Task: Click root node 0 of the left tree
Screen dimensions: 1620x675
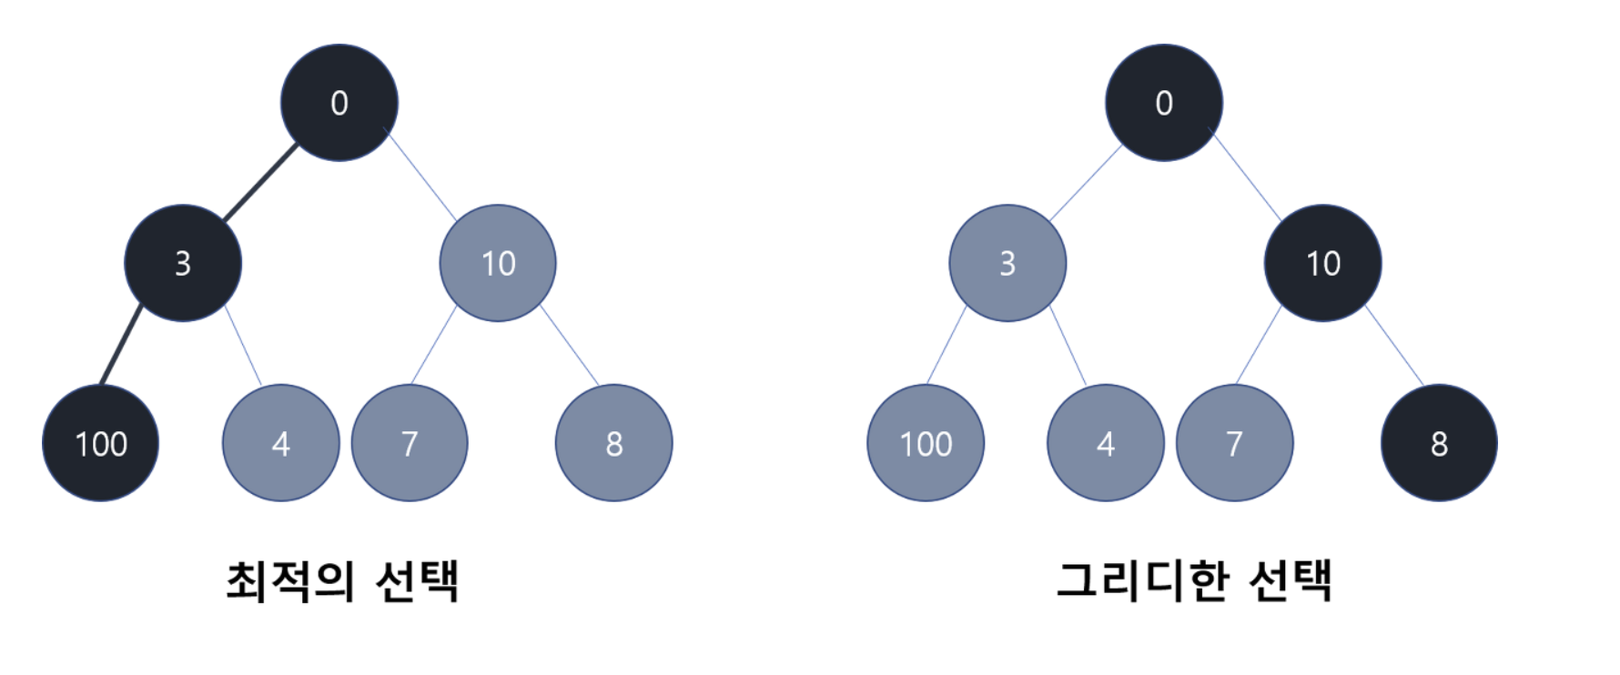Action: [x=339, y=103]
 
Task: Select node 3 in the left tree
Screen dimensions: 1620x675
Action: [x=183, y=263]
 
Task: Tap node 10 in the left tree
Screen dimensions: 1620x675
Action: [x=498, y=263]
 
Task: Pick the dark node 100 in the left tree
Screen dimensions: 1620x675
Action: [x=100, y=443]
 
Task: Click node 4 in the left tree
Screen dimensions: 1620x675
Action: [x=280, y=443]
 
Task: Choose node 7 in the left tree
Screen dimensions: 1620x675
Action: [x=410, y=443]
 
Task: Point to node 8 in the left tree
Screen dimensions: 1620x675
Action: [x=614, y=443]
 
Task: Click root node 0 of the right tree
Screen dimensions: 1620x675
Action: [x=1164, y=103]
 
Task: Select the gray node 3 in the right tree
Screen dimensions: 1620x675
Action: [x=1007, y=263]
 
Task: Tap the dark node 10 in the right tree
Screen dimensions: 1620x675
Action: [x=1322, y=263]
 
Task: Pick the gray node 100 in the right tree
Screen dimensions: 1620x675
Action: [x=926, y=443]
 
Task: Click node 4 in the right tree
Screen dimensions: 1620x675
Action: [x=1106, y=443]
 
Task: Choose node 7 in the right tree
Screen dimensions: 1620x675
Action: [x=1234, y=443]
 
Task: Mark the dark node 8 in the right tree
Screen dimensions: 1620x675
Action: [x=1439, y=443]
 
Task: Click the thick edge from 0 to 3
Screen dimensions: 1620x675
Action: [x=260, y=183]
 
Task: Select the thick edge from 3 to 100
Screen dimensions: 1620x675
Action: [x=121, y=346]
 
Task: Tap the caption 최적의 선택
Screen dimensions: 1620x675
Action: [x=342, y=580]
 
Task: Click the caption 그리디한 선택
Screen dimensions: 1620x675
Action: [x=1194, y=580]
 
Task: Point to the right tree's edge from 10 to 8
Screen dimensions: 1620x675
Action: [x=1394, y=346]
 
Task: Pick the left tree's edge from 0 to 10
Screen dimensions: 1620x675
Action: [x=422, y=177]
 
